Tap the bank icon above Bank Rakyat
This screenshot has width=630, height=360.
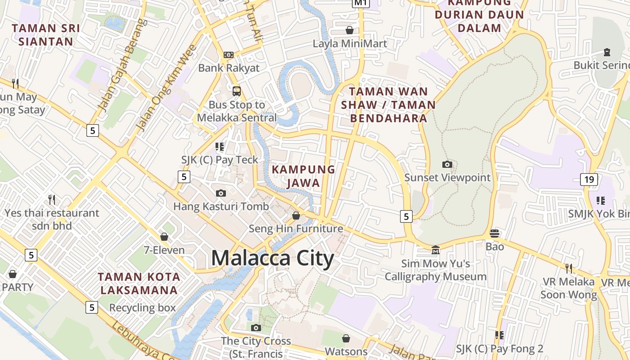[x=229, y=55]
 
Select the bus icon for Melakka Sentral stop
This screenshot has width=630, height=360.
[x=237, y=91]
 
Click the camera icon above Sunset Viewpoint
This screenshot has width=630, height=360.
[x=447, y=164]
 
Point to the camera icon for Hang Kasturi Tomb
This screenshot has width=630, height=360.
[x=221, y=193]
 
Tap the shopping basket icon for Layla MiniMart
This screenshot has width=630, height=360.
[x=349, y=30]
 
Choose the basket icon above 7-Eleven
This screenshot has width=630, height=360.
[x=164, y=237]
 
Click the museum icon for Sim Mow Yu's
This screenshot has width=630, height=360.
[x=436, y=250]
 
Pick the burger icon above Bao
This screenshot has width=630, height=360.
[x=495, y=233]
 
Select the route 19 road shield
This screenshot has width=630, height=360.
[x=589, y=180]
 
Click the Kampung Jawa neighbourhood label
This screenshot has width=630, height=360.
[x=304, y=176]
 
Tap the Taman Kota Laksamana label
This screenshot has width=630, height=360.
[x=139, y=283]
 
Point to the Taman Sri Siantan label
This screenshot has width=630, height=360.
[x=46, y=35]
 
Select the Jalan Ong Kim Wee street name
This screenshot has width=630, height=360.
[x=167, y=88]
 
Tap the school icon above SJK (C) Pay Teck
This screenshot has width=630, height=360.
[x=220, y=146]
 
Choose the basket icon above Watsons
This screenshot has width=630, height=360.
[x=346, y=338]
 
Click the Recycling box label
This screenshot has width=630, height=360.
[x=142, y=308]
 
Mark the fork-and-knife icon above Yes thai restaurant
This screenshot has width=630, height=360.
[x=52, y=199]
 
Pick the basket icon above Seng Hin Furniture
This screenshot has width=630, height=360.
[x=296, y=216]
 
